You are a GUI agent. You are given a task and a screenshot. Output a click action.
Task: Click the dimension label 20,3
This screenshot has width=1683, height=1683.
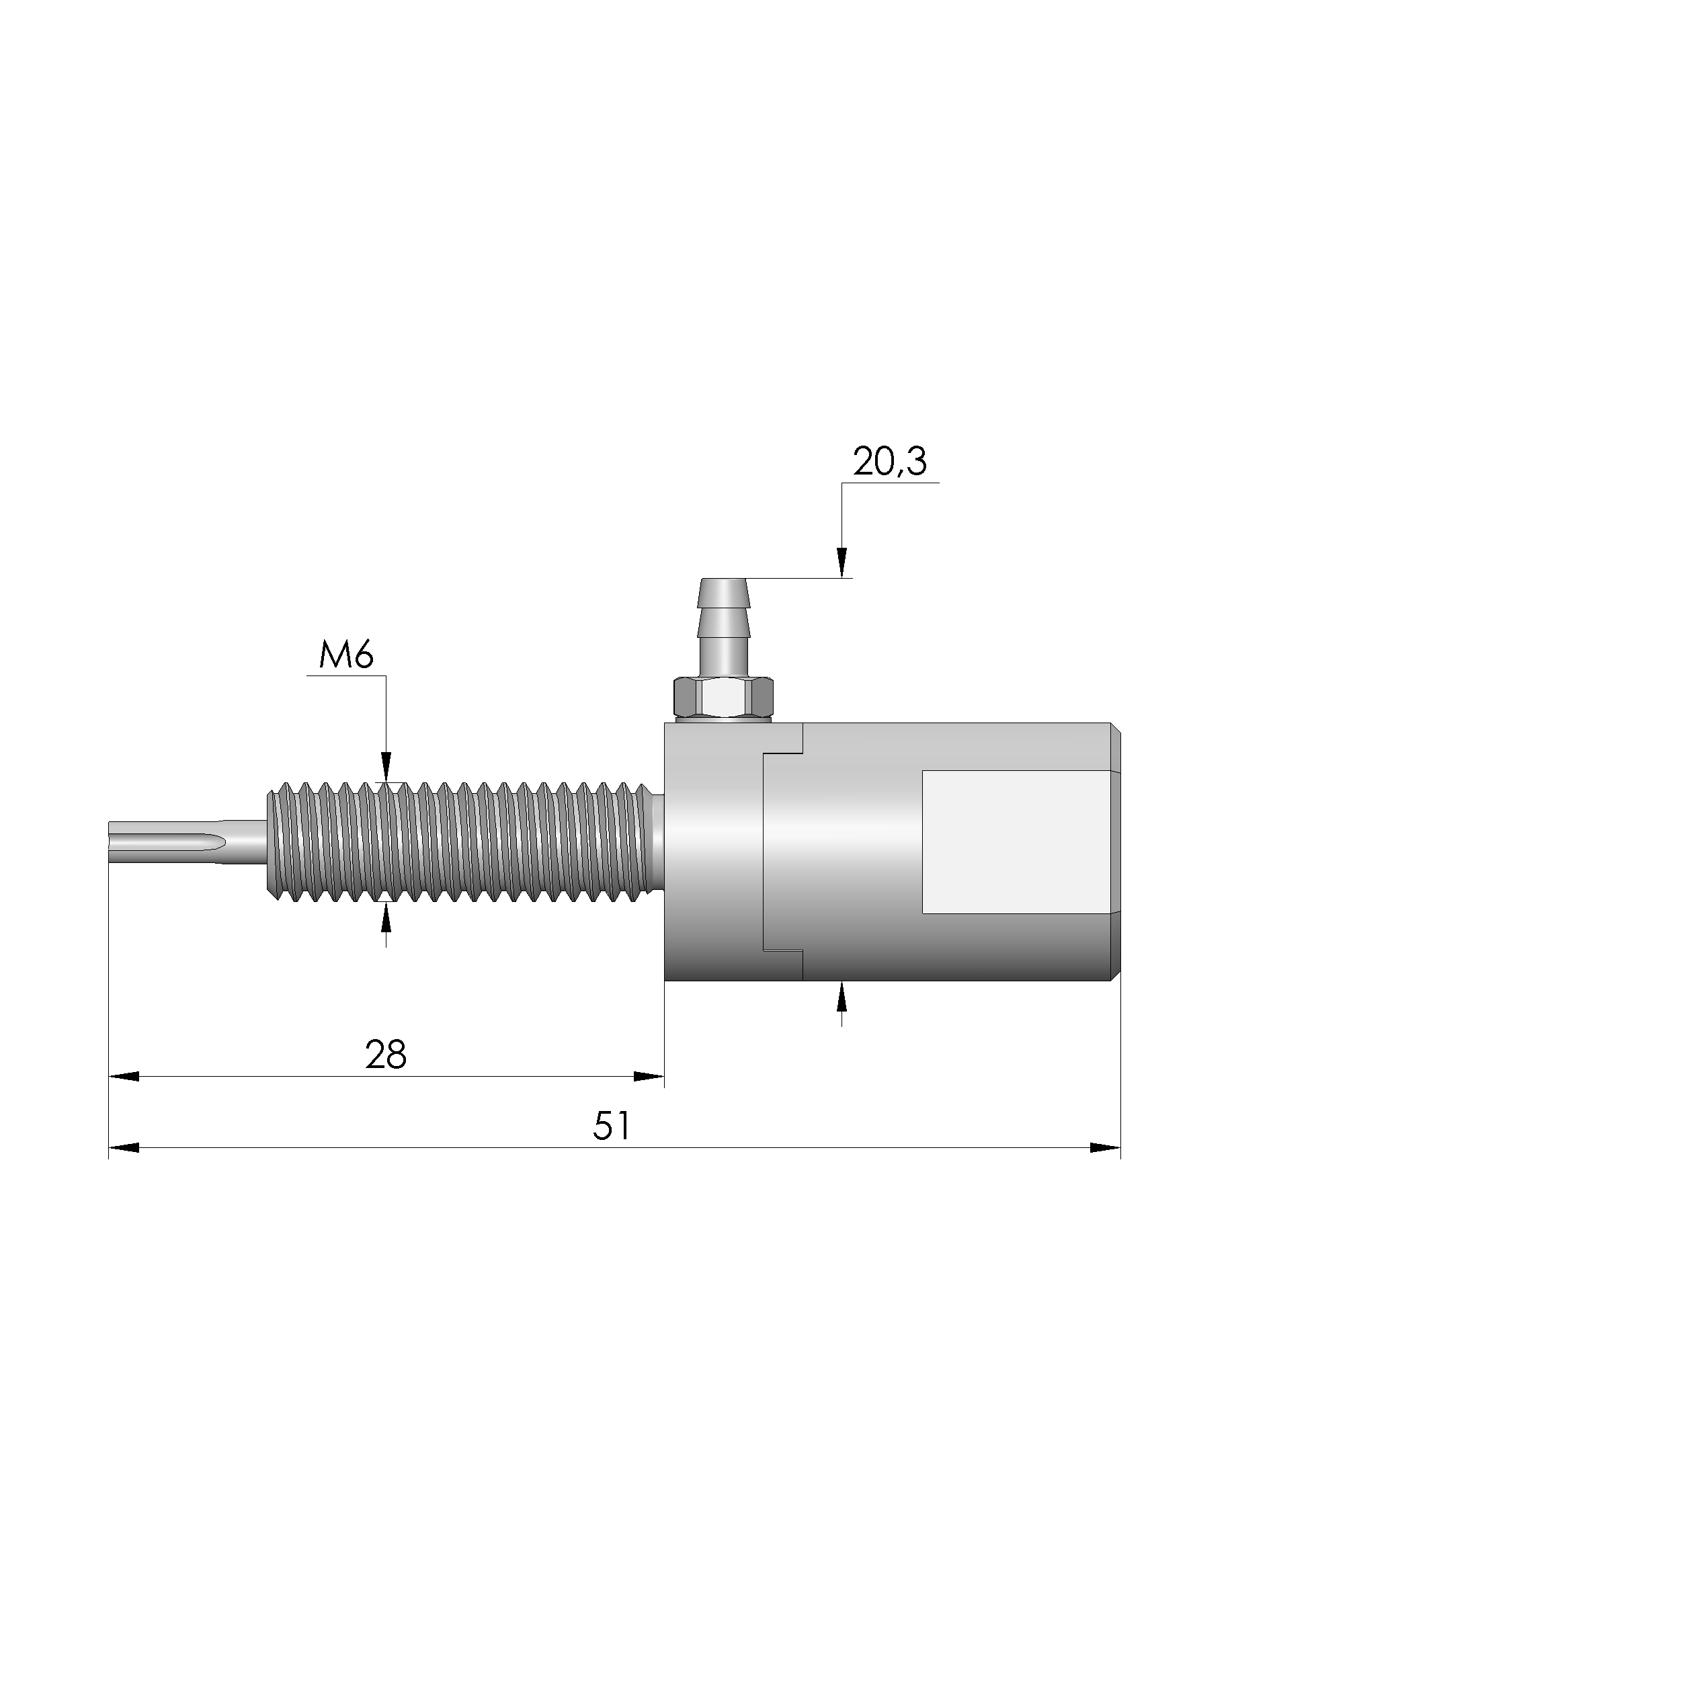[x=889, y=462]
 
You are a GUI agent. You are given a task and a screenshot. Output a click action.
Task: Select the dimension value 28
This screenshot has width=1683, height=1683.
[x=386, y=1055]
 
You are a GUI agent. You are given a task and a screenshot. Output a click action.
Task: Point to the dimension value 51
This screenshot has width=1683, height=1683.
[x=612, y=1126]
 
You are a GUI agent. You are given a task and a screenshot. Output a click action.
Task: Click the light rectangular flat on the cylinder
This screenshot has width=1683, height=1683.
[x=1015, y=841]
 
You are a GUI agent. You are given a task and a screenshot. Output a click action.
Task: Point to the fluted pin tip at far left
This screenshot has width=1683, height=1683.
[x=165, y=842]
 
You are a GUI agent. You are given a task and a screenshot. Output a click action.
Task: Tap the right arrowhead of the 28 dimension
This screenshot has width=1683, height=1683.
[x=649, y=1077]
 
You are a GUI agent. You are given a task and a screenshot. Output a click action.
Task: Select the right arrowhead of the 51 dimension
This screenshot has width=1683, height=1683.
[x=1104, y=1148]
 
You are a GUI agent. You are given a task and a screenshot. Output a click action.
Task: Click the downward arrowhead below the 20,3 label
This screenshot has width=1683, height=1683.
[x=841, y=562]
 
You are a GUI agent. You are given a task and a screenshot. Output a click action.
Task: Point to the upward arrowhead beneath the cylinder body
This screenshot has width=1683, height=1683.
[x=841, y=995]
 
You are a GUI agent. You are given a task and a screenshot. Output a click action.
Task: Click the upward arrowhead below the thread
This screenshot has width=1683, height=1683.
[x=386, y=917]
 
